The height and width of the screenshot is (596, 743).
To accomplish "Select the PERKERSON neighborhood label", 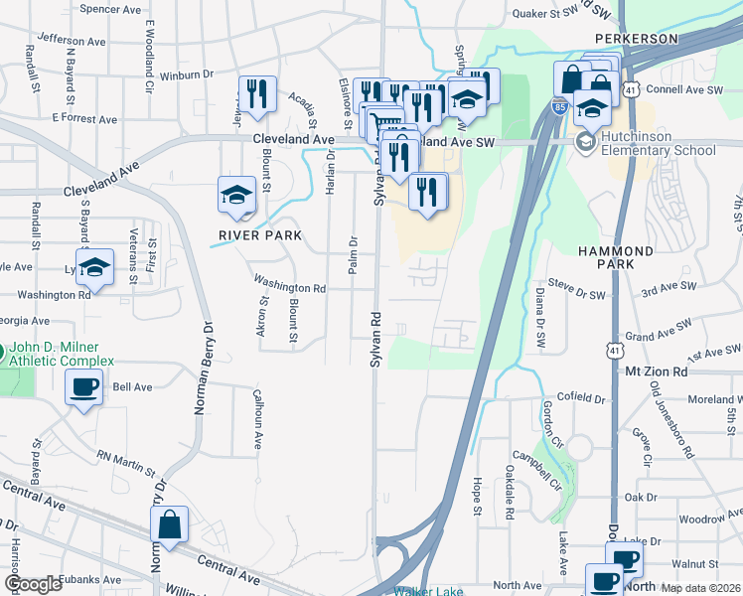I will pyautogui.click(x=636, y=39).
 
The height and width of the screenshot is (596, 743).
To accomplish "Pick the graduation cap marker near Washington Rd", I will pyautogui.click(x=95, y=266).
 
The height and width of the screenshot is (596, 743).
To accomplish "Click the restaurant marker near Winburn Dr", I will pyautogui.click(x=257, y=95).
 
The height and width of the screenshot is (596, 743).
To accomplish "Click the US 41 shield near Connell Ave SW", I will pyautogui.click(x=631, y=90).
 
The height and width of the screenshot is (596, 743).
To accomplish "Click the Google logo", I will pyautogui.click(x=33, y=584).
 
